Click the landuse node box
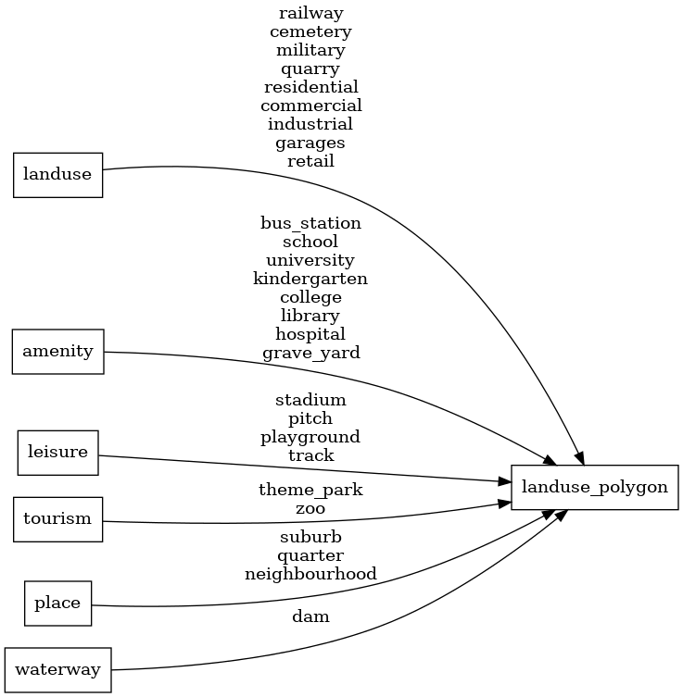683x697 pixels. click(57, 176)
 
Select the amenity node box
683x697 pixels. click(57, 352)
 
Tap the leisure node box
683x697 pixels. click(57, 453)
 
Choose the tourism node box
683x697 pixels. click(57, 518)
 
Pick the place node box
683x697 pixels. click(57, 604)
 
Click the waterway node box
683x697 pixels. click(57, 669)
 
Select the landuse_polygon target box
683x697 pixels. click(595, 487)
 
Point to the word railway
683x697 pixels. click(310, 13)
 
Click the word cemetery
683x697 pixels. click(310, 31)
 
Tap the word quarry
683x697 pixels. click(310, 68)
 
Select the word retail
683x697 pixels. click(310, 161)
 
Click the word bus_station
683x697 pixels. click(310, 223)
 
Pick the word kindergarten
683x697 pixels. click(310, 279)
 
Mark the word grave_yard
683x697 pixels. click(310, 353)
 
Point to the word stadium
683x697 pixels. click(310, 400)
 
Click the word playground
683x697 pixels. click(310, 437)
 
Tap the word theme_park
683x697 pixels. click(310, 490)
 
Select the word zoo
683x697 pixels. click(310, 508)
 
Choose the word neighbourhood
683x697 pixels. click(310, 574)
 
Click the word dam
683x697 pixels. click(310, 616)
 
